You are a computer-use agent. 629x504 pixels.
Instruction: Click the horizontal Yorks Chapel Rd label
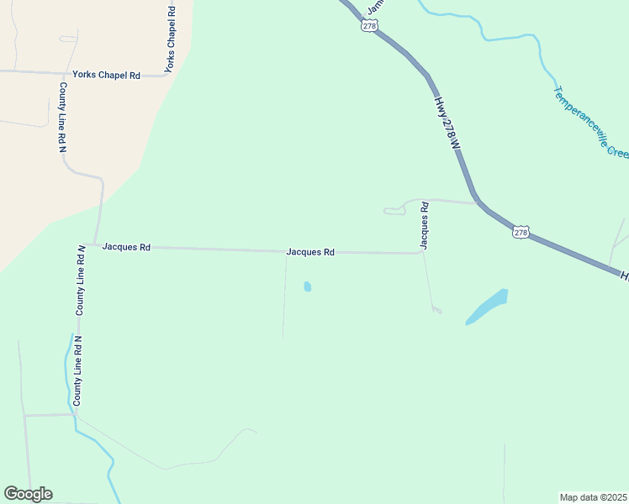(106, 75)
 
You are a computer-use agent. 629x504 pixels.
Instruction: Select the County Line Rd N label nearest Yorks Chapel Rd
(62, 116)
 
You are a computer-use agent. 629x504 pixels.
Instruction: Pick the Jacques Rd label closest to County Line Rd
(126, 247)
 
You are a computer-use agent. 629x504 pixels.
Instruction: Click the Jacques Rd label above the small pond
(310, 251)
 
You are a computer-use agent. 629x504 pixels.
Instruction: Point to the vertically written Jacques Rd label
(425, 224)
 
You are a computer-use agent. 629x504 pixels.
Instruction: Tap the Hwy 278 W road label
(448, 123)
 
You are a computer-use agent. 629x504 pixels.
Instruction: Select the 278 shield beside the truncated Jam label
(369, 26)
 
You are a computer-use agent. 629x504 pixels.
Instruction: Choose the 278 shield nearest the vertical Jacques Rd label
(521, 232)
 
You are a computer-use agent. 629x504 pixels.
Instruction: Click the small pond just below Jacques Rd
(307, 286)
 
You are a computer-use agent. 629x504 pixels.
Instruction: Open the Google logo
(28, 494)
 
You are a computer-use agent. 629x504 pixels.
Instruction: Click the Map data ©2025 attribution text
(593, 496)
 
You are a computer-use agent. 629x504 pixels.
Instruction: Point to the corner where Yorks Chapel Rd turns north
(166, 76)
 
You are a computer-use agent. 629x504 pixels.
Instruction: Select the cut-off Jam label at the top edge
(375, 7)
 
